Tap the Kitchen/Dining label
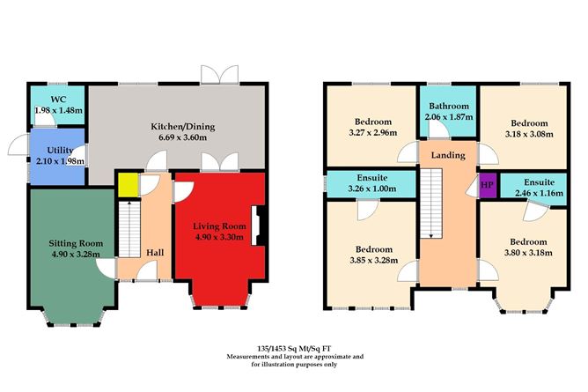pos(178,126)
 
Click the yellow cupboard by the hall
pos(127,185)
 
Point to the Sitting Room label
pos(75,243)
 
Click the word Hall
pos(155,252)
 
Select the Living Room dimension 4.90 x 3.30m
pos(217,237)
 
